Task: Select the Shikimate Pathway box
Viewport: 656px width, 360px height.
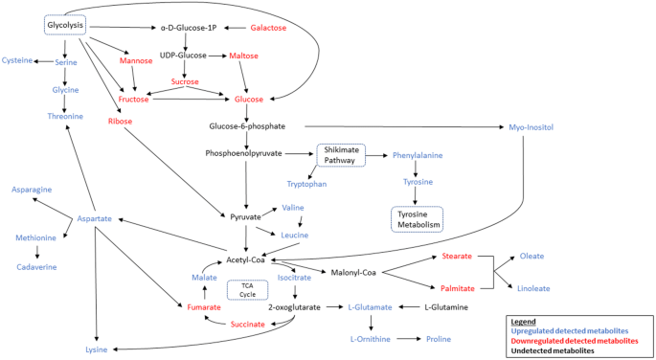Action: (x=340, y=154)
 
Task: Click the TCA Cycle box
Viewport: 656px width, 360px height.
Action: (x=247, y=289)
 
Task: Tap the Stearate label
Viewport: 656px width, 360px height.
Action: (x=457, y=257)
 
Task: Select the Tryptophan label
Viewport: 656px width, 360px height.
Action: (x=307, y=183)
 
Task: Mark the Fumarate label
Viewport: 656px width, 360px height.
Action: (x=204, y=307)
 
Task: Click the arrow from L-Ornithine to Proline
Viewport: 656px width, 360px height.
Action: (x=403, y=339)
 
